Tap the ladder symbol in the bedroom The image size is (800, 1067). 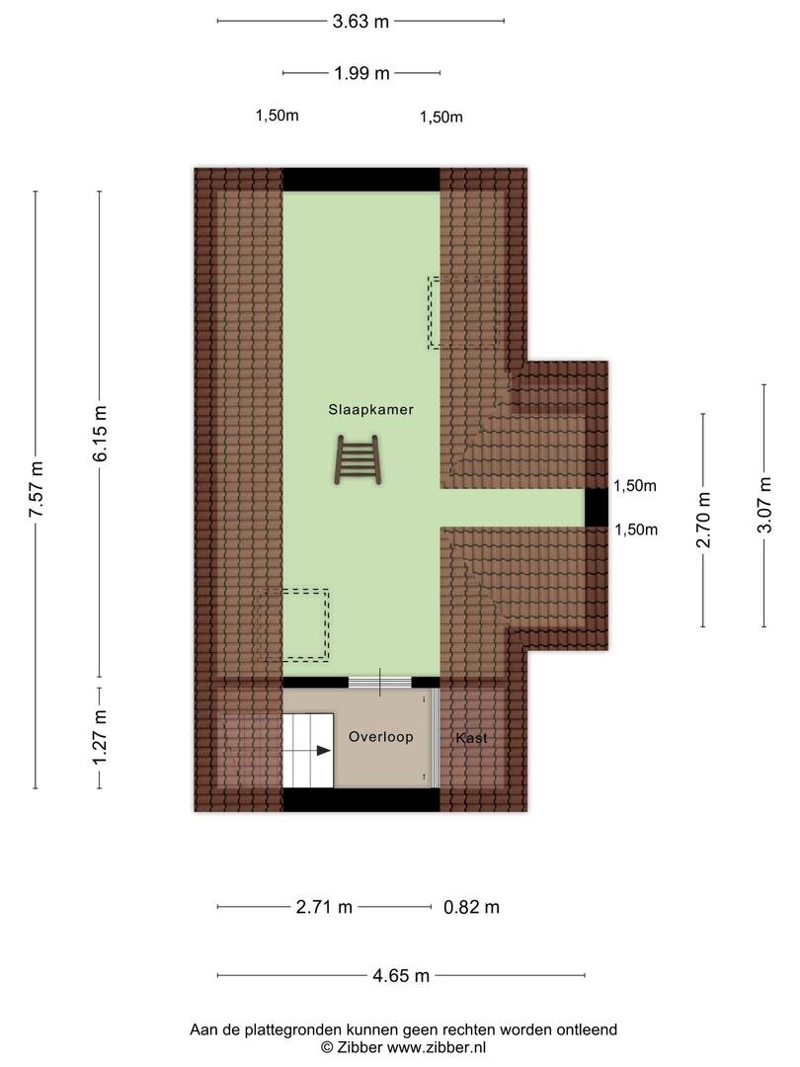[358, 461]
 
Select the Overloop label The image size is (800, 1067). [381, 737]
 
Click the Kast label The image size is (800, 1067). [471, 738]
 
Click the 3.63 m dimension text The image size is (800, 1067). [360, 22]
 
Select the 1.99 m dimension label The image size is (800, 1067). [361, 73]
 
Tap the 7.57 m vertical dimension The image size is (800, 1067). [37, 489]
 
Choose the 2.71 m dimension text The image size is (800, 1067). [324, 907]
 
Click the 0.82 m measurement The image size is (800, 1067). [471, 907]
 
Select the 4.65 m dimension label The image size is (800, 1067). [401, 976]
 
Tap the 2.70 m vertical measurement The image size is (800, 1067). [703, 520]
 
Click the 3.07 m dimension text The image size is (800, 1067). [764, 505]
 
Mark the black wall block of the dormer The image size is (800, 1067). [597, 508]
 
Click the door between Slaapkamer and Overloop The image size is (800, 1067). [380, 682]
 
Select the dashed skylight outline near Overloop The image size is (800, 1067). [294, 624]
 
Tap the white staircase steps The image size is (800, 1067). [308, 751]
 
